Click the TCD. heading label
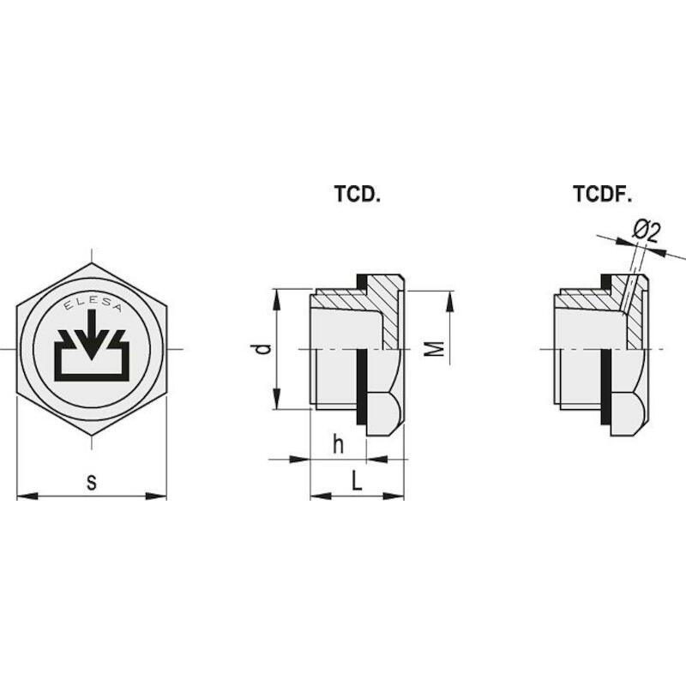click(x=357, y=194)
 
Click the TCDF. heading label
click(x=603, y=194)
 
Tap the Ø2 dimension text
click(x=645, y=232)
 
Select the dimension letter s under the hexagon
click(x=92, y=482)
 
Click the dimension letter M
click(x=435, y=349)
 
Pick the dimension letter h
click(x=338, y=445)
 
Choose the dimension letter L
click(x=358, y=481)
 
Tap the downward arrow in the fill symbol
click(x=92, y=334)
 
